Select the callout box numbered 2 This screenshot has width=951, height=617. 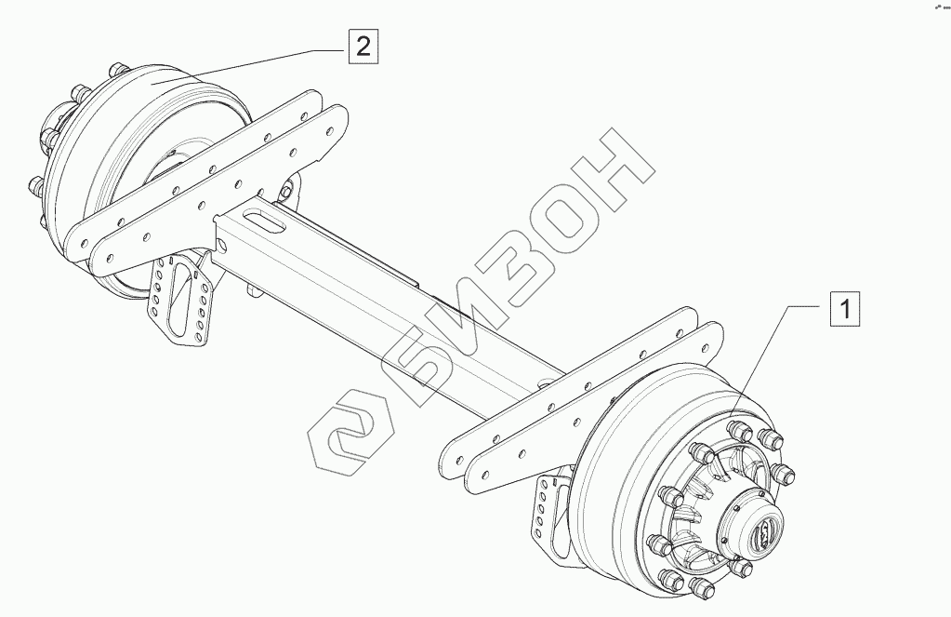coord(363,46)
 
